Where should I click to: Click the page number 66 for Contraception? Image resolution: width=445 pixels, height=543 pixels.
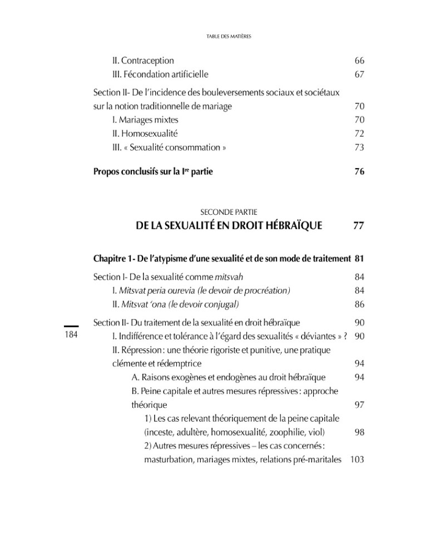tap(359, 61)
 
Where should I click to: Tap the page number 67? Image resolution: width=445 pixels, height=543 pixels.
tap(359, 75)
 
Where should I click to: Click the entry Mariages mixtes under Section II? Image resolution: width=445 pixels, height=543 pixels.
tap(145, 120)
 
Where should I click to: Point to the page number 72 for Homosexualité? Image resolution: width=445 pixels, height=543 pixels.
tap(359, 134)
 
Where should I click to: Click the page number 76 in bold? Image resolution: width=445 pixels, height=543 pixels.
tap(359, 172)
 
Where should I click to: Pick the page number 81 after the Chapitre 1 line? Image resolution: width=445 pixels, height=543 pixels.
tap(359, 259)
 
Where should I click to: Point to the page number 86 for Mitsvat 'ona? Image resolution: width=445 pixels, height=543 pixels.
tap(359, 304)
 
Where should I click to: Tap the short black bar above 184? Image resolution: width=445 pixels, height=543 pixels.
tap(72, 327)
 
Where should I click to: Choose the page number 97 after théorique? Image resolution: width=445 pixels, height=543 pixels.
tap(359, 404)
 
